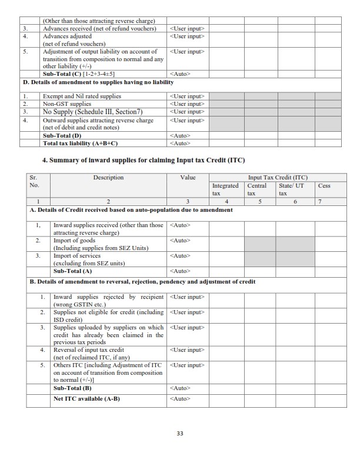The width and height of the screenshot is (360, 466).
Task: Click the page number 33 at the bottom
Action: [x=180, y=435]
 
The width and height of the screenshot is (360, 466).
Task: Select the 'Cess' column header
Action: [x=324, y=185]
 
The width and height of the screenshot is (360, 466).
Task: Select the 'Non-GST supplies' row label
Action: [x=66, y=104]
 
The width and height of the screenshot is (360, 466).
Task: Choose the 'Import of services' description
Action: [x=77, y=256]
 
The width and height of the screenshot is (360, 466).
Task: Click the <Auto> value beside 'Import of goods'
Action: [x=180, y=241]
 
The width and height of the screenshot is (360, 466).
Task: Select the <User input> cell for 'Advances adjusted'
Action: [x=186, y=36]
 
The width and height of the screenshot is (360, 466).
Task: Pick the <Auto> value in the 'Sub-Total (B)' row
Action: [x=180, y=388]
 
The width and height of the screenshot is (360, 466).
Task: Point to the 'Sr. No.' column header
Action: [x=36, y=181]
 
